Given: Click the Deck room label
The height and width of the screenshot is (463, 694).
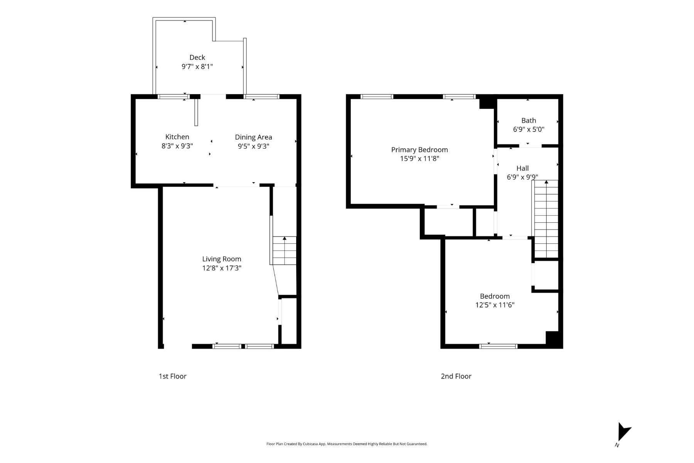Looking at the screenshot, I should [197, 57].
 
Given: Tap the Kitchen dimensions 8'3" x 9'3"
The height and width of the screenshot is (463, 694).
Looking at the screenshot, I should [177, 146].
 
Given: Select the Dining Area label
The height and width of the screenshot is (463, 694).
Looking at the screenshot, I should [253, 137].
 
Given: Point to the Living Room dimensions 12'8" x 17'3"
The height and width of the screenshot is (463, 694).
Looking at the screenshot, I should [222, 268].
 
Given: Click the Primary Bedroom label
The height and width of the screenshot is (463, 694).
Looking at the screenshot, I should [419, 150].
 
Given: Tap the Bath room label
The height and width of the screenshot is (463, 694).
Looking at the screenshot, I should [529, 120].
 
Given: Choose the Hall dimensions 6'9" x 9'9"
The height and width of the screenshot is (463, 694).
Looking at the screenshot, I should [522, 177].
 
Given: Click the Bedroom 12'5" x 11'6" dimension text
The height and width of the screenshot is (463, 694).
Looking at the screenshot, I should [495, 305].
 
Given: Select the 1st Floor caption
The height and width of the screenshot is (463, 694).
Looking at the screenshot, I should [172, 376].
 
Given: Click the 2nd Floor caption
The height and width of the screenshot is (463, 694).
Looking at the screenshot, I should [456, 376].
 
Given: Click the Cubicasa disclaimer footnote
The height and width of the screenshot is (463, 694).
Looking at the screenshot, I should [347, 444].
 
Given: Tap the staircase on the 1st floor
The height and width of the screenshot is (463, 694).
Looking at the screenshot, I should [285, 250].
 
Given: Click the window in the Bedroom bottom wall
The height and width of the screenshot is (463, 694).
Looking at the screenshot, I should [498, 346].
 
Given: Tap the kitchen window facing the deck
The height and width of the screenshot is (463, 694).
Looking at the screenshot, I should [173, 97].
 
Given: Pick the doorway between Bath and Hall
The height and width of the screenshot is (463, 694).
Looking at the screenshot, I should [530, 145].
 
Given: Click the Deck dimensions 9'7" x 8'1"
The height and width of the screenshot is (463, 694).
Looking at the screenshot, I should [197, 67].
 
